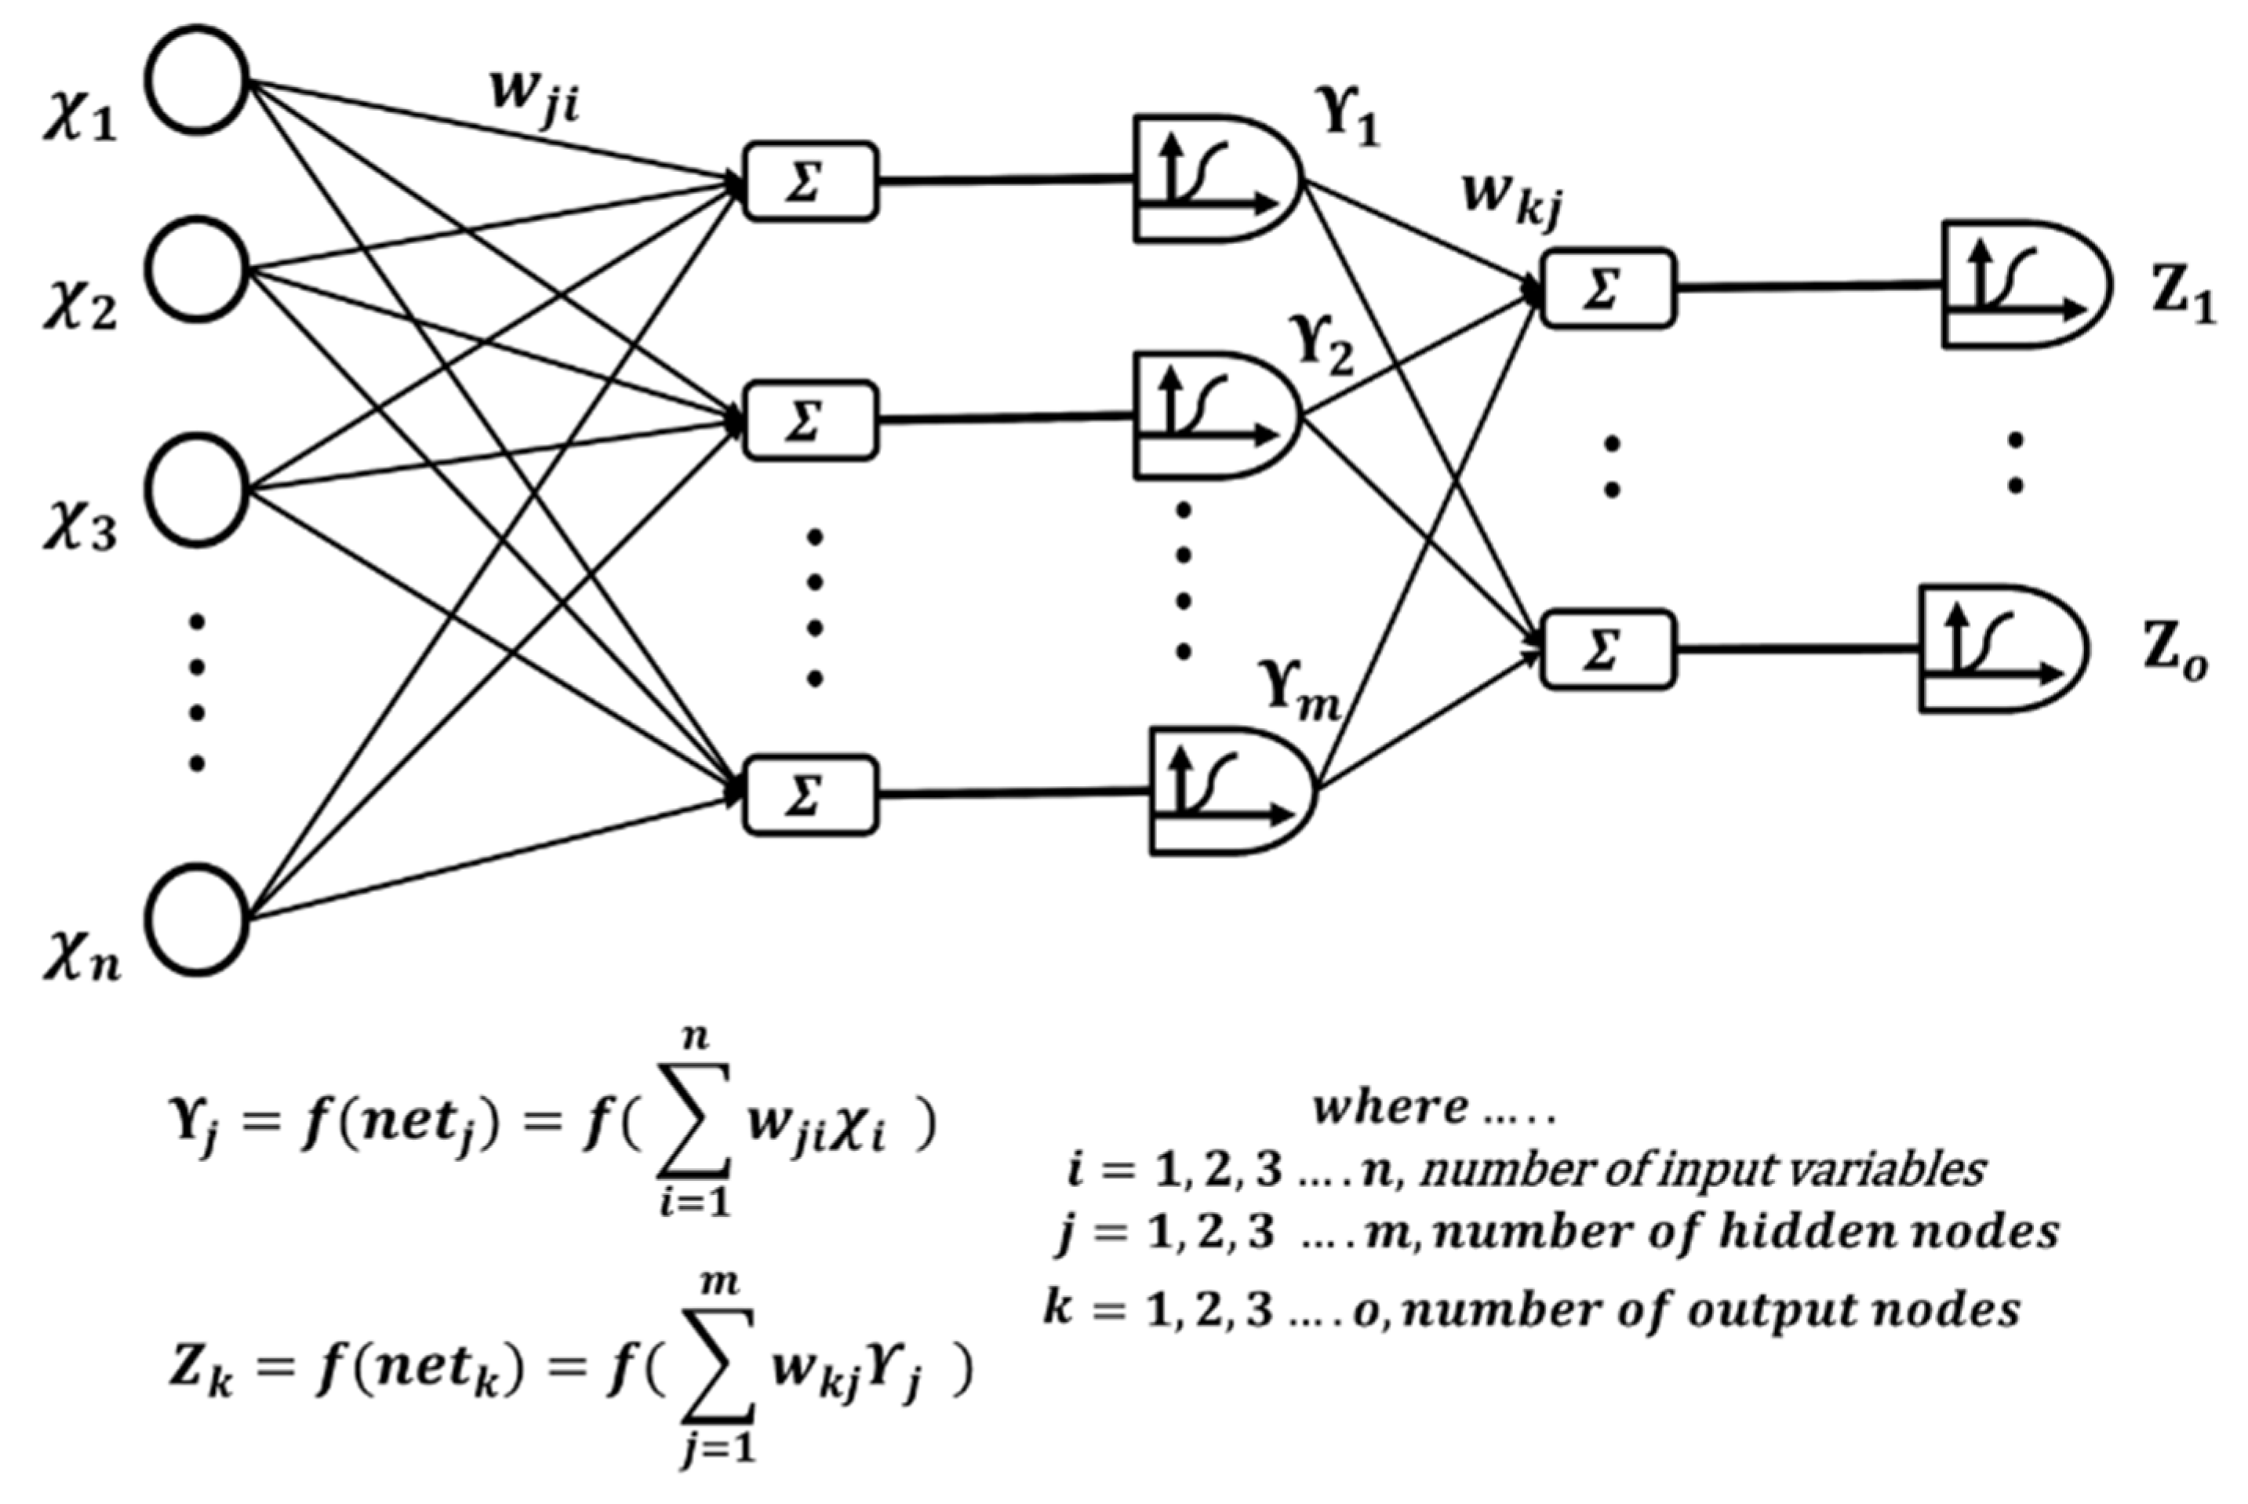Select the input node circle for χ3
click(x=198, y=490)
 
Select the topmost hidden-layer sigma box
click(x=810, y=182)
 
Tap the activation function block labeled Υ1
click(x=1213, y=178)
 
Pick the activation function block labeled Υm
click(x=1229, y=792)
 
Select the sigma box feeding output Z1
click(x=1608, y=289)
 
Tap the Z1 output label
click(x=2183, y=299)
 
